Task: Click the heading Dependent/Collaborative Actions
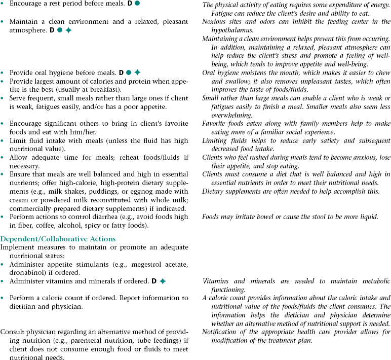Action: pyautogui.click(x=58, y=239)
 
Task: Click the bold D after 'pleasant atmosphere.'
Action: pyautogui.click(x=52, y=30)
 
